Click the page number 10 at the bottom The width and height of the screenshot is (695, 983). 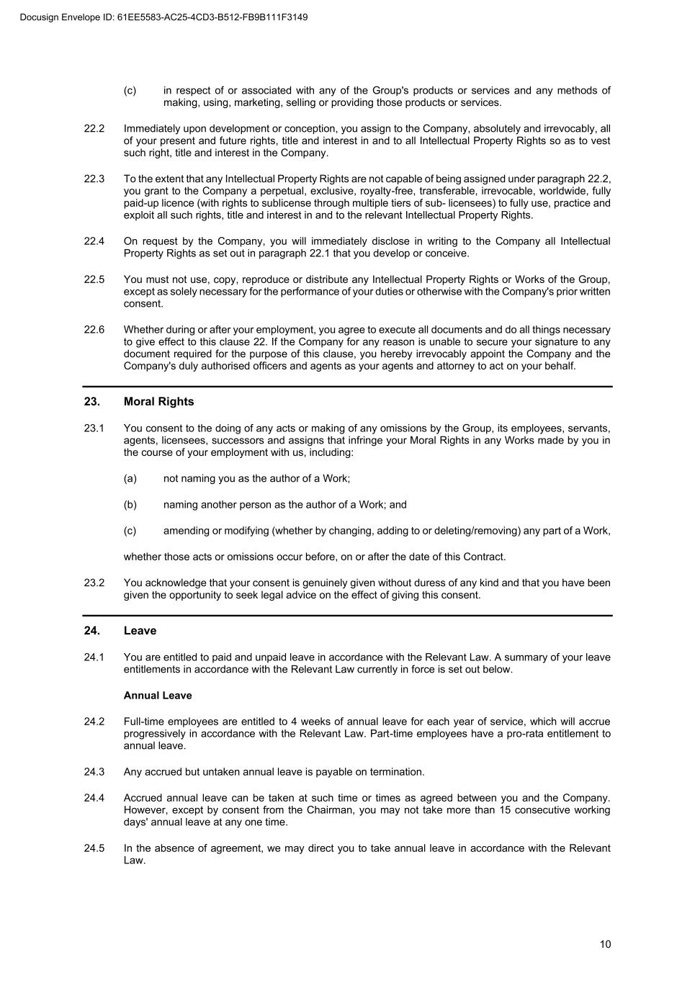(605, 944)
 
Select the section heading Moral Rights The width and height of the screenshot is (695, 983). (158, 402)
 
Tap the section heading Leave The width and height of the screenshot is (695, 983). (140, 631)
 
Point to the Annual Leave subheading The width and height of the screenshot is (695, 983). (158, 696)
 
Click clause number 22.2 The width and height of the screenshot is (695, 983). (94, 129)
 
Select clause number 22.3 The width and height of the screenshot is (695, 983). (94, 179)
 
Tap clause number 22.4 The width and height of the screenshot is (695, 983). (94, 241)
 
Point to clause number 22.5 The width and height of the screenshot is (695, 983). (94, 279)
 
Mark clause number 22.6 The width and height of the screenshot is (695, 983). (94, 330)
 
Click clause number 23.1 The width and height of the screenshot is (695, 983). (94, 428)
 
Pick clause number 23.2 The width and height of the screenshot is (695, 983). (94, 583)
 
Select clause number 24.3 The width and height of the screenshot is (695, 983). (94, 772)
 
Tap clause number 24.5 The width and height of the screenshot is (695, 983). (94, 848)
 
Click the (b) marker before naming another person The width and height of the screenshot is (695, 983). (130, 505)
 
